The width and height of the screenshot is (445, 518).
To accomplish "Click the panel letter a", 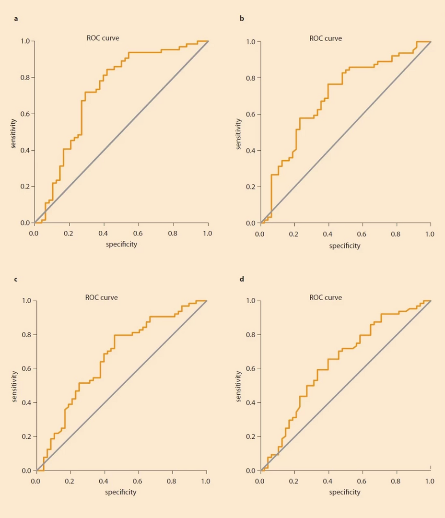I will tap(16, 19).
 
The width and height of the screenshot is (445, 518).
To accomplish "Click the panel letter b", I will tap(242, 19).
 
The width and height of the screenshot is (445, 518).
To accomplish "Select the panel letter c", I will tap(16, 279).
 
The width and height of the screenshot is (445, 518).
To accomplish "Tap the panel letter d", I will tap(242, 279).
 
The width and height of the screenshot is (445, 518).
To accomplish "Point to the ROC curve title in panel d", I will tap(326, 297).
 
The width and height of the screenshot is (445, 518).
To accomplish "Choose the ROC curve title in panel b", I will tap(326, 38).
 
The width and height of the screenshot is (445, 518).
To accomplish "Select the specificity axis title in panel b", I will tap(345, 246).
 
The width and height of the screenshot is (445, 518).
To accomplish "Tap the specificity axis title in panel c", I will tap(121, 492).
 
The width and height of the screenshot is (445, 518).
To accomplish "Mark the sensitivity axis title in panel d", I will tap(239, 386).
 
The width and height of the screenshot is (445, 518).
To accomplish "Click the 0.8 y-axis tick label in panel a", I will tap(25, 78).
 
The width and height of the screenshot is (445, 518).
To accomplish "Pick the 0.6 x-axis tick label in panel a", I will tap(139, 233).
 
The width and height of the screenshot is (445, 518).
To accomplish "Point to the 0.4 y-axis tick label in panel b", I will tap(251, 151).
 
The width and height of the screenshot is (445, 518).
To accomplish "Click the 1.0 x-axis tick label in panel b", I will tap(430, 234).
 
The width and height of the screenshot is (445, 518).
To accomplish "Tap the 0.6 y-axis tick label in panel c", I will tap(27, 369).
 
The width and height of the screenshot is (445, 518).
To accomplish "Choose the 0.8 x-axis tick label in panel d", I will tap(396, 481).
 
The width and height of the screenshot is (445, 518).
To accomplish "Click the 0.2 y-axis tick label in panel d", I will tap(251, 437).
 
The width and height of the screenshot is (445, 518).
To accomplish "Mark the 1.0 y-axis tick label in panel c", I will tap(27, 301).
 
